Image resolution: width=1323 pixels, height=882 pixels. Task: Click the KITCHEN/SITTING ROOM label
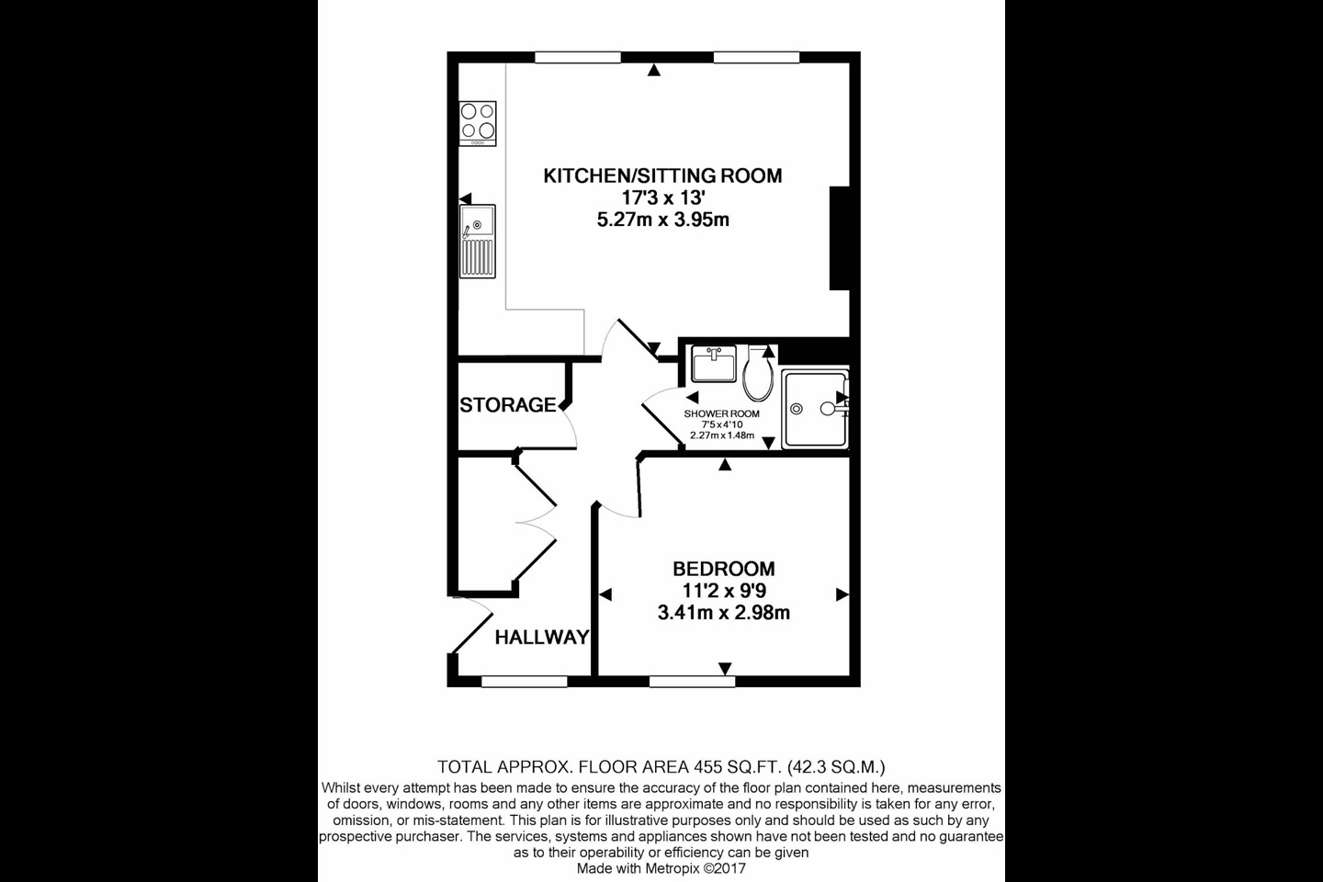coord(662,175)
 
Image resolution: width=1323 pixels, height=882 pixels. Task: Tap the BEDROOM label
coord(723,569)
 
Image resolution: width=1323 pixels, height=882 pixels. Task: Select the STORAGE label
coord(507,405)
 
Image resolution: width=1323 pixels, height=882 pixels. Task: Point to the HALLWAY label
coord(541,637)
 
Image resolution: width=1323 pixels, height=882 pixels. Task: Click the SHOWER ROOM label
coord(721,414)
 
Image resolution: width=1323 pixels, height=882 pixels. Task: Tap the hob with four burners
coord(478,123)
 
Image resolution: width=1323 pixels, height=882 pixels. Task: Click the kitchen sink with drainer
coord(478,241)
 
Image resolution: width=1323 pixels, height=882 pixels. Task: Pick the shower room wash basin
coord(714,365)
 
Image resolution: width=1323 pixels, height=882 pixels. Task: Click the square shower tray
coord(814,409)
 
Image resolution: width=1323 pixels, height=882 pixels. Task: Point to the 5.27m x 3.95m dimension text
coord(662,220)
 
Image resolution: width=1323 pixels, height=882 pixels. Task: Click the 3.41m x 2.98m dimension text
coord(723,613)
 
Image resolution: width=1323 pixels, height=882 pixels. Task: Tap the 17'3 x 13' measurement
coord(662,198)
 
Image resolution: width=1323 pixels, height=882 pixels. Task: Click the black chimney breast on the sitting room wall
coord(840,239)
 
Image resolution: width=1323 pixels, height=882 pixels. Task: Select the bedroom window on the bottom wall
coord(692,682)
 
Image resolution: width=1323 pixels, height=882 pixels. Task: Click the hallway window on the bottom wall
coord(524,682)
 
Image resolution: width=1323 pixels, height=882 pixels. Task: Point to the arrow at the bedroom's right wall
coord(842,595)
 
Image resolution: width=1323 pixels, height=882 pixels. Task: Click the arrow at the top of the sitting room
coord(652,70)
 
